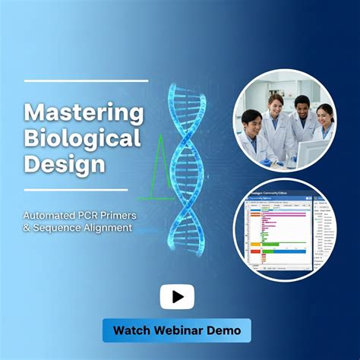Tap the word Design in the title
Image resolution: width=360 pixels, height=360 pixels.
(54, 164)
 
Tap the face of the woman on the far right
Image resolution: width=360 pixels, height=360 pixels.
(324, 115)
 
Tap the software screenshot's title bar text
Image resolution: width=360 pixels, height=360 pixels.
(277, 194)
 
